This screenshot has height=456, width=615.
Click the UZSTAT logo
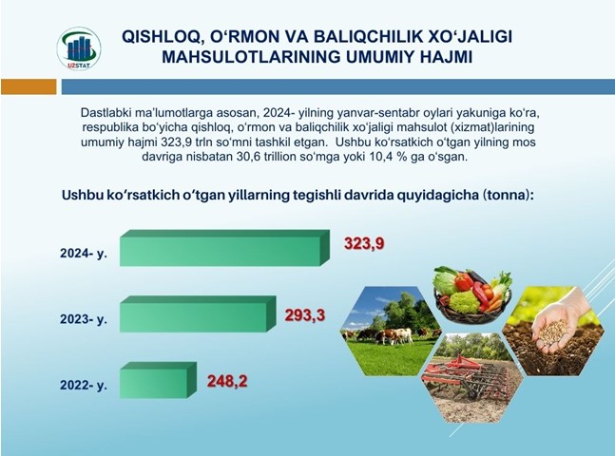tap(79, 48)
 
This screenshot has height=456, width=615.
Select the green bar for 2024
tap(224, 248)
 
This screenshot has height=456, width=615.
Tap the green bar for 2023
tap(198, 314)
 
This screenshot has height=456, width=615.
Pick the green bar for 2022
tap(158, 380)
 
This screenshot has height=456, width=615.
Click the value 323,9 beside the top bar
tap(364, 243)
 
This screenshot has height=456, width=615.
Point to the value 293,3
tap(305, 314)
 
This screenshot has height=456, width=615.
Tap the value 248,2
tap(227, 381)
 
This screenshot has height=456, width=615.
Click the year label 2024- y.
tap(84, 254)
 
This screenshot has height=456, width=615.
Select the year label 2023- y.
tap(84, 319)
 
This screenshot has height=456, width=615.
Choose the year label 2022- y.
tap(84, 385)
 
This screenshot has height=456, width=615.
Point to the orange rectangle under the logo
tap(29, 86)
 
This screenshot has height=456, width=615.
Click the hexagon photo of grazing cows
tap(389, 331)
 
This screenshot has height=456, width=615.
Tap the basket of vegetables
tap(472, 294)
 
